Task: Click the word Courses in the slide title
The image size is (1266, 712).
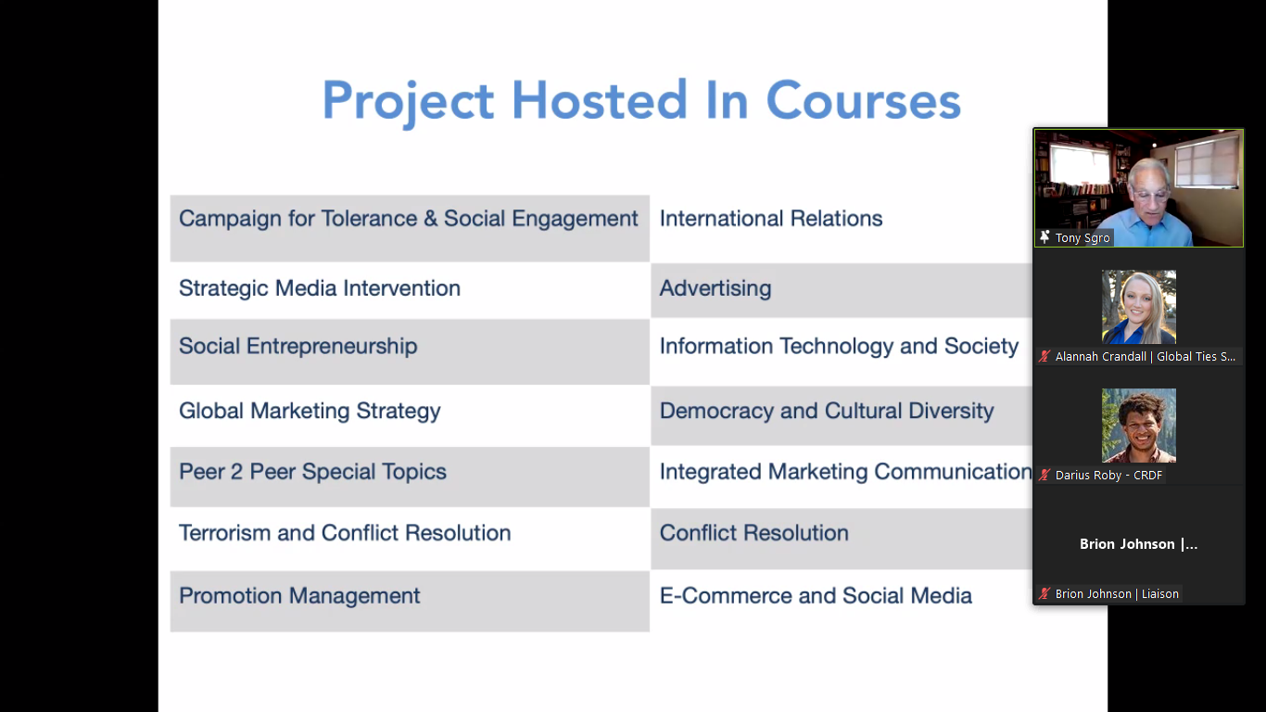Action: pyautogui.click(x=863, y=101)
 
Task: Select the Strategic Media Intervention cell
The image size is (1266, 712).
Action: pyautogui.click(x=410, y=289)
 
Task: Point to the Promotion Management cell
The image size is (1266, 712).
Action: pyautogui.click(x=410, y=601)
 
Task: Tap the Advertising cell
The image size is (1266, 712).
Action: pyautogui.click(x=842, y=289)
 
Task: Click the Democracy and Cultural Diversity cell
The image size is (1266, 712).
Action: pyautogui.click(x=842, y=415)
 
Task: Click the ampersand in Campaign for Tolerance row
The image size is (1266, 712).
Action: pyautogui.click(x=430, y=219)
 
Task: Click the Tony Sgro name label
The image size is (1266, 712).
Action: pyautogui.click(x=1082, y=238)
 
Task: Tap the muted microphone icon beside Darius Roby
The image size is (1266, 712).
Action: pyautogui.click(x=1044, y=475)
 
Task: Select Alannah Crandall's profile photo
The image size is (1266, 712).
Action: pyautogui.click(x=1138, y=307)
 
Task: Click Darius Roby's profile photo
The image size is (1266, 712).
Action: pyautogui.click(x=1138, y=426)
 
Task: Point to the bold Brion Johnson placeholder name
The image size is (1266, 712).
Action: pyautogui.click(x=1138, y=544)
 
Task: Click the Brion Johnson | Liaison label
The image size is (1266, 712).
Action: pyautogui.click(x=1117, y=594)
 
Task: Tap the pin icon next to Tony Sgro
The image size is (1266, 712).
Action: pyautogui.click(x=1044, y=237)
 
